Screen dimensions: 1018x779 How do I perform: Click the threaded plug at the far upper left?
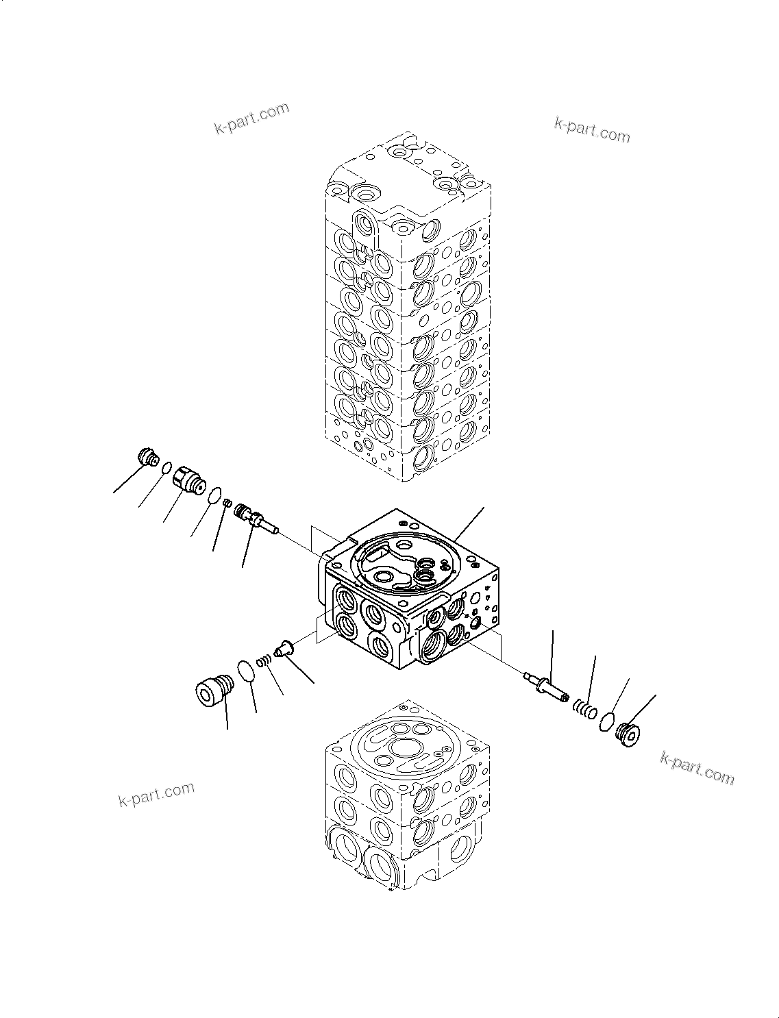click(148, 456)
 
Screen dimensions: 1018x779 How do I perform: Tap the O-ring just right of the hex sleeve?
click(214, 494)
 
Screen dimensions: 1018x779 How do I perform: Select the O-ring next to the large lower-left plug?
click(247, 670)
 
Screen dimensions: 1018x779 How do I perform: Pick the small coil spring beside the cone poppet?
click(264, 660)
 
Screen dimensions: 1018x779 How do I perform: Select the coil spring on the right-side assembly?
click(583, 708)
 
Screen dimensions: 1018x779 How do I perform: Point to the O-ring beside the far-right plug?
click(606, 722)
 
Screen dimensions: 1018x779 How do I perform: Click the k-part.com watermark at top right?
click(591, 129)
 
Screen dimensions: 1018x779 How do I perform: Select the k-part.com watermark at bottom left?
click(156, 795)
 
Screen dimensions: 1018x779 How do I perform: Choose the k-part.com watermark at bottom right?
click(697, 768)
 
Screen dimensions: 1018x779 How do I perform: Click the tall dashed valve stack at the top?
click(408, 308)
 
